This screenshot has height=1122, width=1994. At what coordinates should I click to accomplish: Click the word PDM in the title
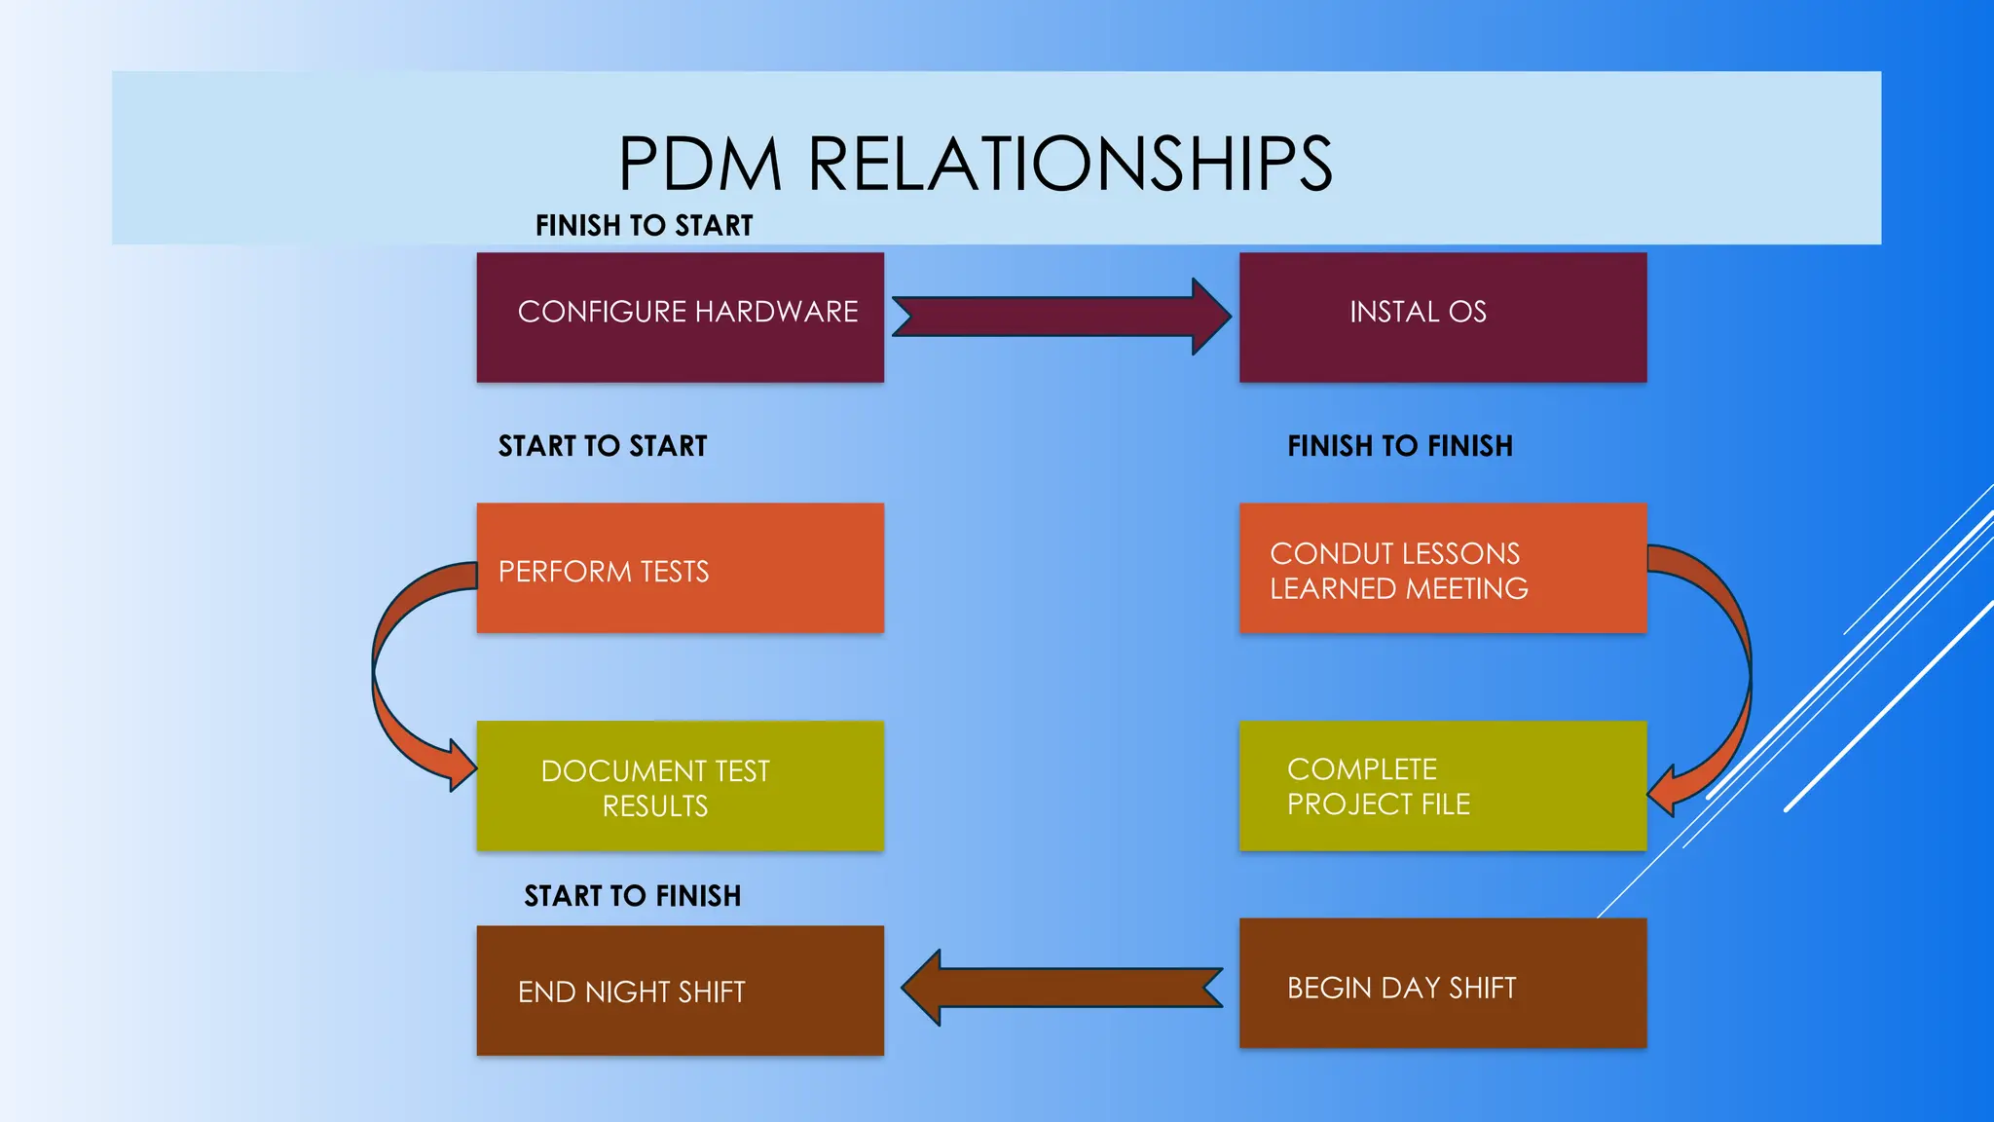(700, 163)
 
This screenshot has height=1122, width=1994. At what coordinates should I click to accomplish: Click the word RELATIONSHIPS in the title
(1070, 163)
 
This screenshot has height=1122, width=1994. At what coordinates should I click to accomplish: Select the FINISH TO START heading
(644, 225)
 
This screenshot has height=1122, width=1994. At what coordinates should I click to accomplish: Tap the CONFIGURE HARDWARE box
(680, 318)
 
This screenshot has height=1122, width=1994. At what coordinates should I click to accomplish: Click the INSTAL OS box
(1442, 318)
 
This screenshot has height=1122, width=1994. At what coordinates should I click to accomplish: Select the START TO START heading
(602, 446)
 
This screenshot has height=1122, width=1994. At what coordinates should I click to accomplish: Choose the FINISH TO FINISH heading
(1399, 446)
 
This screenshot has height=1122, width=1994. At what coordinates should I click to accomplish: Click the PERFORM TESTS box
(680, 569)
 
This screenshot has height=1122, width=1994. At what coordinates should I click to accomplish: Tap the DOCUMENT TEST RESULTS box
(680, 786)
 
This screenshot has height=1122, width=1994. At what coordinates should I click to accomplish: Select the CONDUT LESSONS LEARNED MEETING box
(1442, 569)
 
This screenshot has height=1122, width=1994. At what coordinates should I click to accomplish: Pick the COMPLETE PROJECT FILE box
(1442, 786)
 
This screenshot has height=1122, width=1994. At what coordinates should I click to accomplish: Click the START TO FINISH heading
(632, 896)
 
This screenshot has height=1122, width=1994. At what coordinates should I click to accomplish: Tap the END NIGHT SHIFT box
(680, 991)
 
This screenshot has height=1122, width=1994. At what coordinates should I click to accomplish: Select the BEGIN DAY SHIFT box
(1442, 984)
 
